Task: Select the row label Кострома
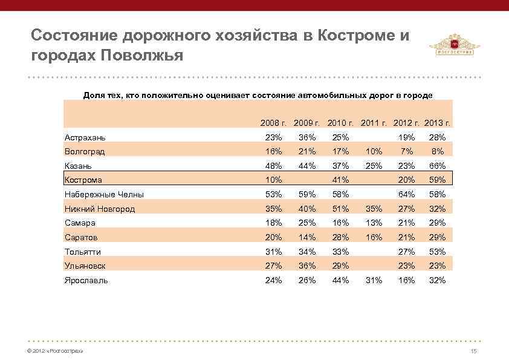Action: [83, 180]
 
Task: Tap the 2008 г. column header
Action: [273, 123]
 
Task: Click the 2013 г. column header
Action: [439, 123]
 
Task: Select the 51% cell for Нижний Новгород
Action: [340, 209]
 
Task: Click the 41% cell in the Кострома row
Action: [340, 180]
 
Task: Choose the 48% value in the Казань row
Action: [273, 166]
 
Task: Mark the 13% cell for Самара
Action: [373, 223]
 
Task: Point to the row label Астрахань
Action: [85, 137]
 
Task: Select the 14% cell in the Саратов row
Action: [306, 237]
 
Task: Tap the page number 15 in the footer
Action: [474, 352]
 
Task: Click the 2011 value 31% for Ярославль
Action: [373, 280]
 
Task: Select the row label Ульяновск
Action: [85, 266]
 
